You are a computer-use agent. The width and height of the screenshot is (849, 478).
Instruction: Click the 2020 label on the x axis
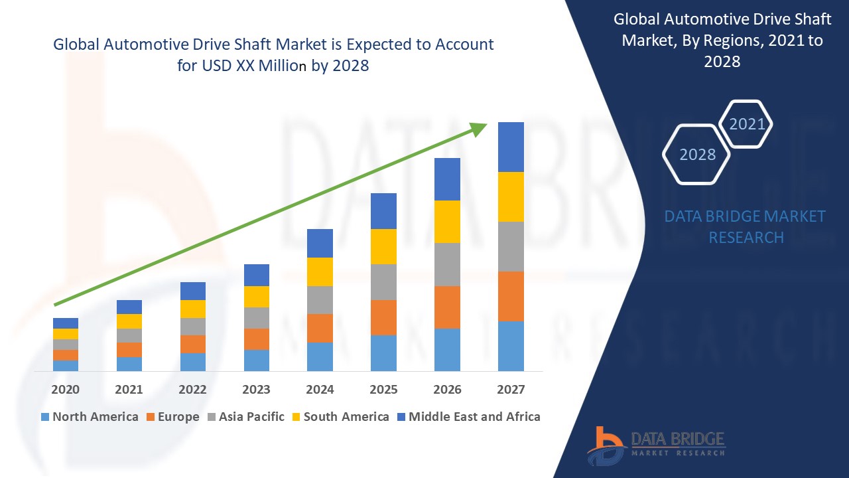coord(65,390)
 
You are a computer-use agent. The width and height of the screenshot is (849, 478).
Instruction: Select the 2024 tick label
coord(320,390)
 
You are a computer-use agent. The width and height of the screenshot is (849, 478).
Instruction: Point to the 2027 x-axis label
coord(511,390)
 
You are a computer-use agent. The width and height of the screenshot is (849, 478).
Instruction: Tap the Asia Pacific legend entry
coord(246,417)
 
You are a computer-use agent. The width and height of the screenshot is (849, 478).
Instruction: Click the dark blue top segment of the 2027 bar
coord(511,147)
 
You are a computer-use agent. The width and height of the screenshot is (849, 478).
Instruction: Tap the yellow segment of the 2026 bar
coord(447,222)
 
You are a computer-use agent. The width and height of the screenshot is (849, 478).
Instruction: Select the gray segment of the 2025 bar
coord(383,282)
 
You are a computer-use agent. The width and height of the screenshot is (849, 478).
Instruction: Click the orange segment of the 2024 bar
coord(320,328)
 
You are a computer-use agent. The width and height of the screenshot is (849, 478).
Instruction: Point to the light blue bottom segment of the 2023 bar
coord(257,360)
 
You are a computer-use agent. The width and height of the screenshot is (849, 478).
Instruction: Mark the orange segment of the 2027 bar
coord(511,296)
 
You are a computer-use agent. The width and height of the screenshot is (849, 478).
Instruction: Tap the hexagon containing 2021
coord(746,124)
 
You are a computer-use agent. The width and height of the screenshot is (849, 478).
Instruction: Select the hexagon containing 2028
coord(696,154)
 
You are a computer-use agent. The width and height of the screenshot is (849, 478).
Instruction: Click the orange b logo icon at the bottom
coord(605,445)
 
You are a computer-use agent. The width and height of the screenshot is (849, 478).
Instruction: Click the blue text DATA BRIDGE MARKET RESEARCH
coord(746,226)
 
